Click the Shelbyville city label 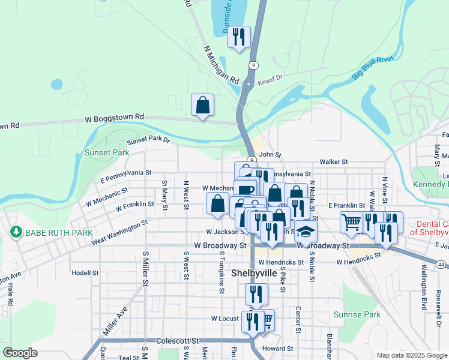(255, 273)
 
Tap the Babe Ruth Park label (58, 232)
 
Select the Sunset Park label (107, 153)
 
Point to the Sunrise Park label (357, 314)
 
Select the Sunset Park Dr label (148, 142)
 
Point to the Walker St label (334, 162)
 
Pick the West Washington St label (119, 233)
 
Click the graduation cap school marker (306, 232)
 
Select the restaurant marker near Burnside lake (240, 37)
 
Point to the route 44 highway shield (442, 265)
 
